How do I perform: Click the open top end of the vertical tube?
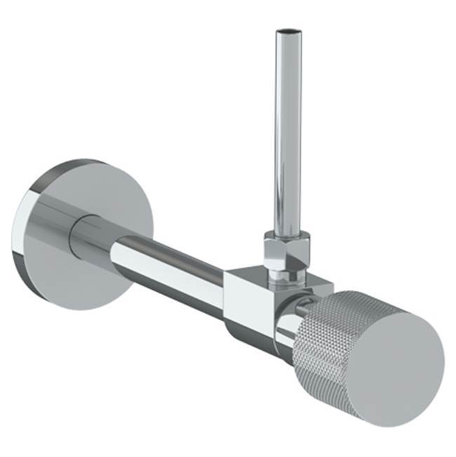(288, 32)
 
